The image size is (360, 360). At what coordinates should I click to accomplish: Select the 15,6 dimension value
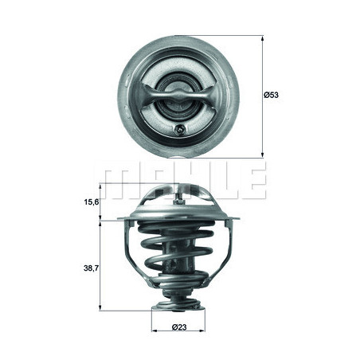tap(92, 202)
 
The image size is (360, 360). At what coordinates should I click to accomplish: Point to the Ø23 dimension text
tap(178, 327)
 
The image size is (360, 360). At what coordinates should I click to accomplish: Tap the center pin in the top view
tap(178, 95)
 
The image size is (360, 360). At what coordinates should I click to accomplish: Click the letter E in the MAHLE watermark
tap(252, 182)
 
